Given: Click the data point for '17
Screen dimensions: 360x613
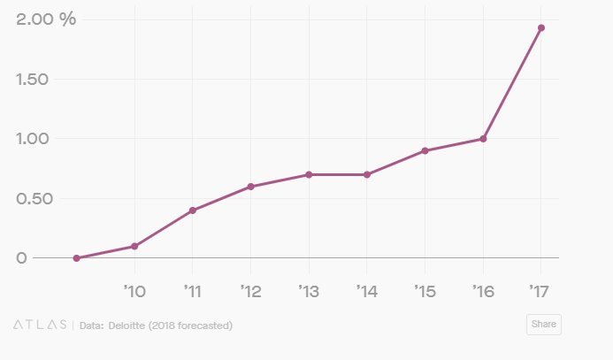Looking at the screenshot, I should pos(540,27).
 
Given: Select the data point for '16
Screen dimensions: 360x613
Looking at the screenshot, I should pos(483,139).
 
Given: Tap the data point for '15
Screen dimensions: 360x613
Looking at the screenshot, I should pos(425,151).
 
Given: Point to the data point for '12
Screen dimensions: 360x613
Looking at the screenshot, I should pos(251,187).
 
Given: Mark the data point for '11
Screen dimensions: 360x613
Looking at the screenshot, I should pos(193,211).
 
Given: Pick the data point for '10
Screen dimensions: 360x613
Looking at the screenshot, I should pos(134,246).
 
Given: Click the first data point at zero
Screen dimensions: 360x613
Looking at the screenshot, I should pos(77,258).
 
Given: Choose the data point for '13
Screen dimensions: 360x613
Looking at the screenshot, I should pos(309,174).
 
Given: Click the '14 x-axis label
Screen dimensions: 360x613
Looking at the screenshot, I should pos(367,290).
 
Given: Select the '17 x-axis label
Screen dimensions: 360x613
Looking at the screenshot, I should pos(540,290).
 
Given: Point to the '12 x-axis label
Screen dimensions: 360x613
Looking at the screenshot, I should pos(250,290).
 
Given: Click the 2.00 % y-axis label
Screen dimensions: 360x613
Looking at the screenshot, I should pos(47,19).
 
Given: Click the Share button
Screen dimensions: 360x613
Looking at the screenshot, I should pos(543,325).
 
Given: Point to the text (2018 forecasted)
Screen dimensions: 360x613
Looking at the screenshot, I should pos(194,326).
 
